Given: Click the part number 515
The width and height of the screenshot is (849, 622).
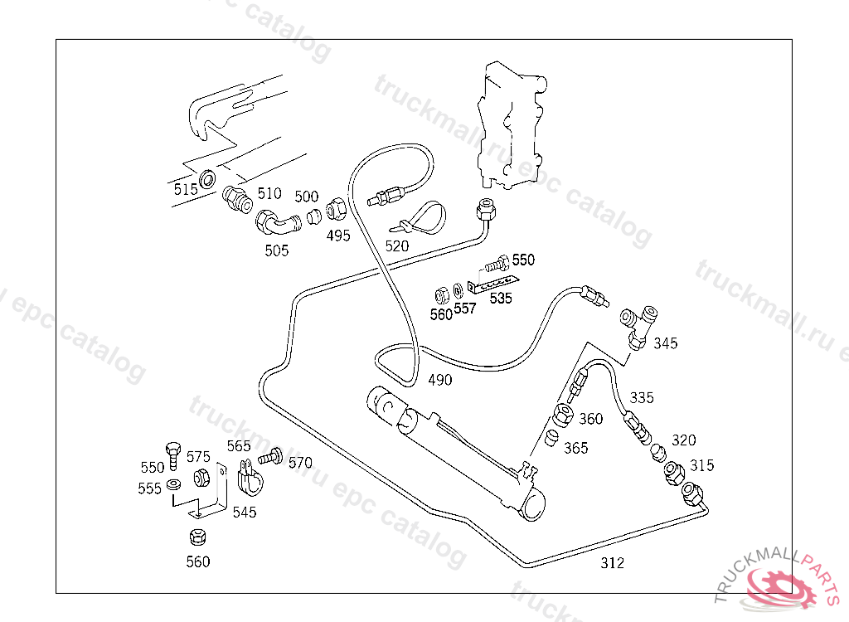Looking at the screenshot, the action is (186, 189).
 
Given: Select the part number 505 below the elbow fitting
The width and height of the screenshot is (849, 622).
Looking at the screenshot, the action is (276, 250).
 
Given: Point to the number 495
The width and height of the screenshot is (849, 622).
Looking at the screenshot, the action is (338, 236).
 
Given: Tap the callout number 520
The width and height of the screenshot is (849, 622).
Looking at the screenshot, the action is (397, 245).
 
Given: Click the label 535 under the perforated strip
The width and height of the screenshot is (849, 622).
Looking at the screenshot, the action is (501, 299).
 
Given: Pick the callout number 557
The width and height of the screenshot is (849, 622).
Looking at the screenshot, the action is (465, 309).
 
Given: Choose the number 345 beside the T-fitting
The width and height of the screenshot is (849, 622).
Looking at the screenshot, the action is (665, 343).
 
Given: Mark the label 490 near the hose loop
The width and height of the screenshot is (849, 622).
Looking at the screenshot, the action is (440, 380).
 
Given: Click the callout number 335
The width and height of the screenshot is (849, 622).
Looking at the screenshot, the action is (641, 397).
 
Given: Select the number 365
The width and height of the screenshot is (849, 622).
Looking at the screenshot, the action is (575, 448).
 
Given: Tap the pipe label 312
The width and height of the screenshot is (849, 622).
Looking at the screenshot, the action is (612, 564).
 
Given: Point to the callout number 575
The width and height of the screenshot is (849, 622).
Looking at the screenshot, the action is (198, 457).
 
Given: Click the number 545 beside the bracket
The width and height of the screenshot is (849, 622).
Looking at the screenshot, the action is (244, 513).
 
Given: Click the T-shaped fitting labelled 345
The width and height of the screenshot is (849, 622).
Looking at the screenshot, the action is (642, 324).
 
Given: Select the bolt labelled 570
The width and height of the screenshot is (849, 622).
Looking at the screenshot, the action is (270, 456).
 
